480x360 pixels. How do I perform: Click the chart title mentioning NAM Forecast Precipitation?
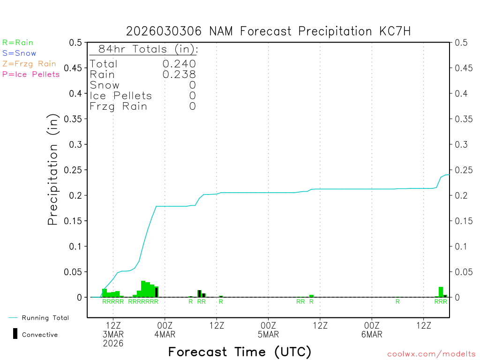(x=268, y=31)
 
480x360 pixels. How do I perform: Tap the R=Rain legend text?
(x=18, y=43)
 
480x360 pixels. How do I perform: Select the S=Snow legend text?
(x=19, y=53)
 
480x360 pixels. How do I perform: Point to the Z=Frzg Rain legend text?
(x=29, y=64)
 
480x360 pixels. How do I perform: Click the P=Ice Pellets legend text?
(x=31, y=74)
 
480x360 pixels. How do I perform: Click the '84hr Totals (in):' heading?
(x=144, y=49)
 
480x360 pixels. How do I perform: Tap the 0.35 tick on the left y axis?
(x=75, y=119)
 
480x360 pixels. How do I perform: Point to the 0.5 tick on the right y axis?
(x=460, y=43)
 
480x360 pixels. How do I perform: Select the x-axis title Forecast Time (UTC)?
(x=240, y=352)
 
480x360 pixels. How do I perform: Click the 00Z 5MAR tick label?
(x=268, y=330)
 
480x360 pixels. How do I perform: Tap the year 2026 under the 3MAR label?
(x=113, y=344)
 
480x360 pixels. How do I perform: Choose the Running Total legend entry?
(x=45, y=318)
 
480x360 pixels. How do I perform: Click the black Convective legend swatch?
(x=15, y=334)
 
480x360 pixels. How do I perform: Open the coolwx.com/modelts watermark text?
(x=431, y=354)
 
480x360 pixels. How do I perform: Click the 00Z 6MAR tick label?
(x=372, y=330)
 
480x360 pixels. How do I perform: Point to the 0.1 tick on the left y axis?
(x=77, y=247)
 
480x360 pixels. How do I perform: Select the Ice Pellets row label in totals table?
(x=121, y=96)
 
